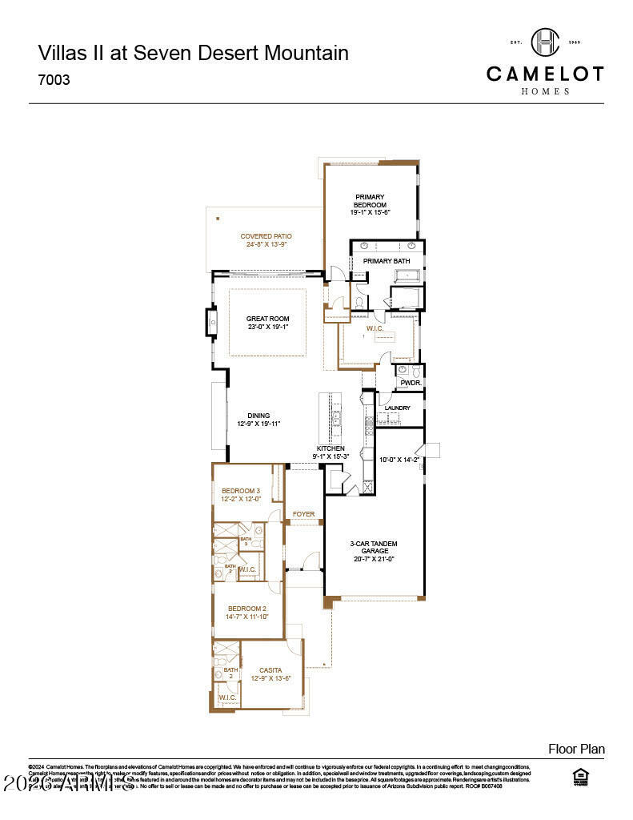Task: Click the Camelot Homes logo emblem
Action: click(545, 42)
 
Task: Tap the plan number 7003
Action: click(54, 80)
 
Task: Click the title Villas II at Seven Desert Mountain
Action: click(193, 54)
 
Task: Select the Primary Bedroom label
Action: click(370, 201)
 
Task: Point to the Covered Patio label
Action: click(266, 236)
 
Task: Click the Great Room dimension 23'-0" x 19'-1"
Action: click(267, 328)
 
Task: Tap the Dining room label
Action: click(258, 416)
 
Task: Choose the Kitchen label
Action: click(331, 448)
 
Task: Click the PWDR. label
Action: click(410, 383)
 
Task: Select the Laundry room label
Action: click(397, 408)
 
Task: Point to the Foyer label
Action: click(303, 514)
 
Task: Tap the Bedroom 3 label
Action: click(241, 491)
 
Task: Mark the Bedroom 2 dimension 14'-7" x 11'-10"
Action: click(247, 617)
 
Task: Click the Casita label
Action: click(270, 670)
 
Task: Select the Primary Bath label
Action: click(387, 261)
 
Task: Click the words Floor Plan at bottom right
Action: click(576, 750)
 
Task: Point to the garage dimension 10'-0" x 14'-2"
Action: click(398, 460)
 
